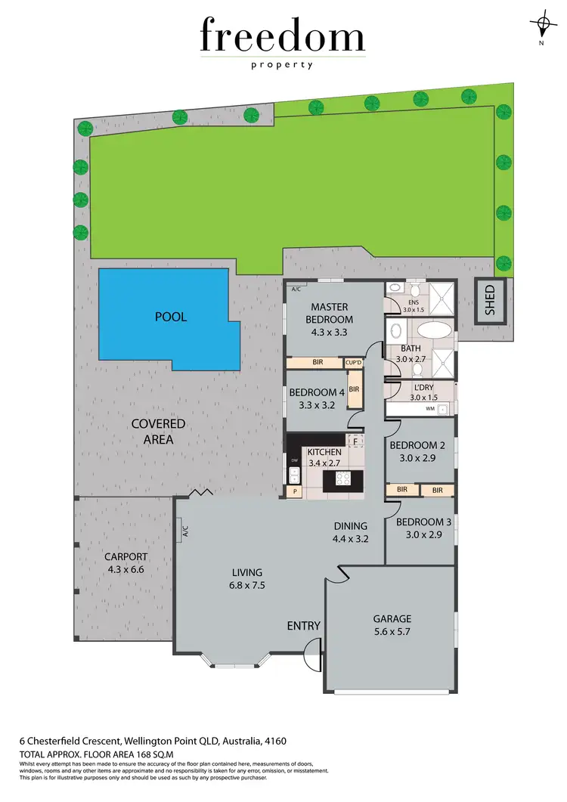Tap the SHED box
pyautogui.click(x=489, y=301)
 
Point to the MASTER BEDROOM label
pyautogui.click(x=329, y=313)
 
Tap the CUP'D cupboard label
pyautogui.click(x=354, y=363)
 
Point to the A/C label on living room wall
pyautogui.click(x=184, y=532)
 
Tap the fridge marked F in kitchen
pyautogui.click(x=355, y=441)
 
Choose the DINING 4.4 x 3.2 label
pyautogui.click(x=350, y=532)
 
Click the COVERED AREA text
pyautogui.click(x=158, y=431)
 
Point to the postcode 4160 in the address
pyautogui.click(x=273, y=741)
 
